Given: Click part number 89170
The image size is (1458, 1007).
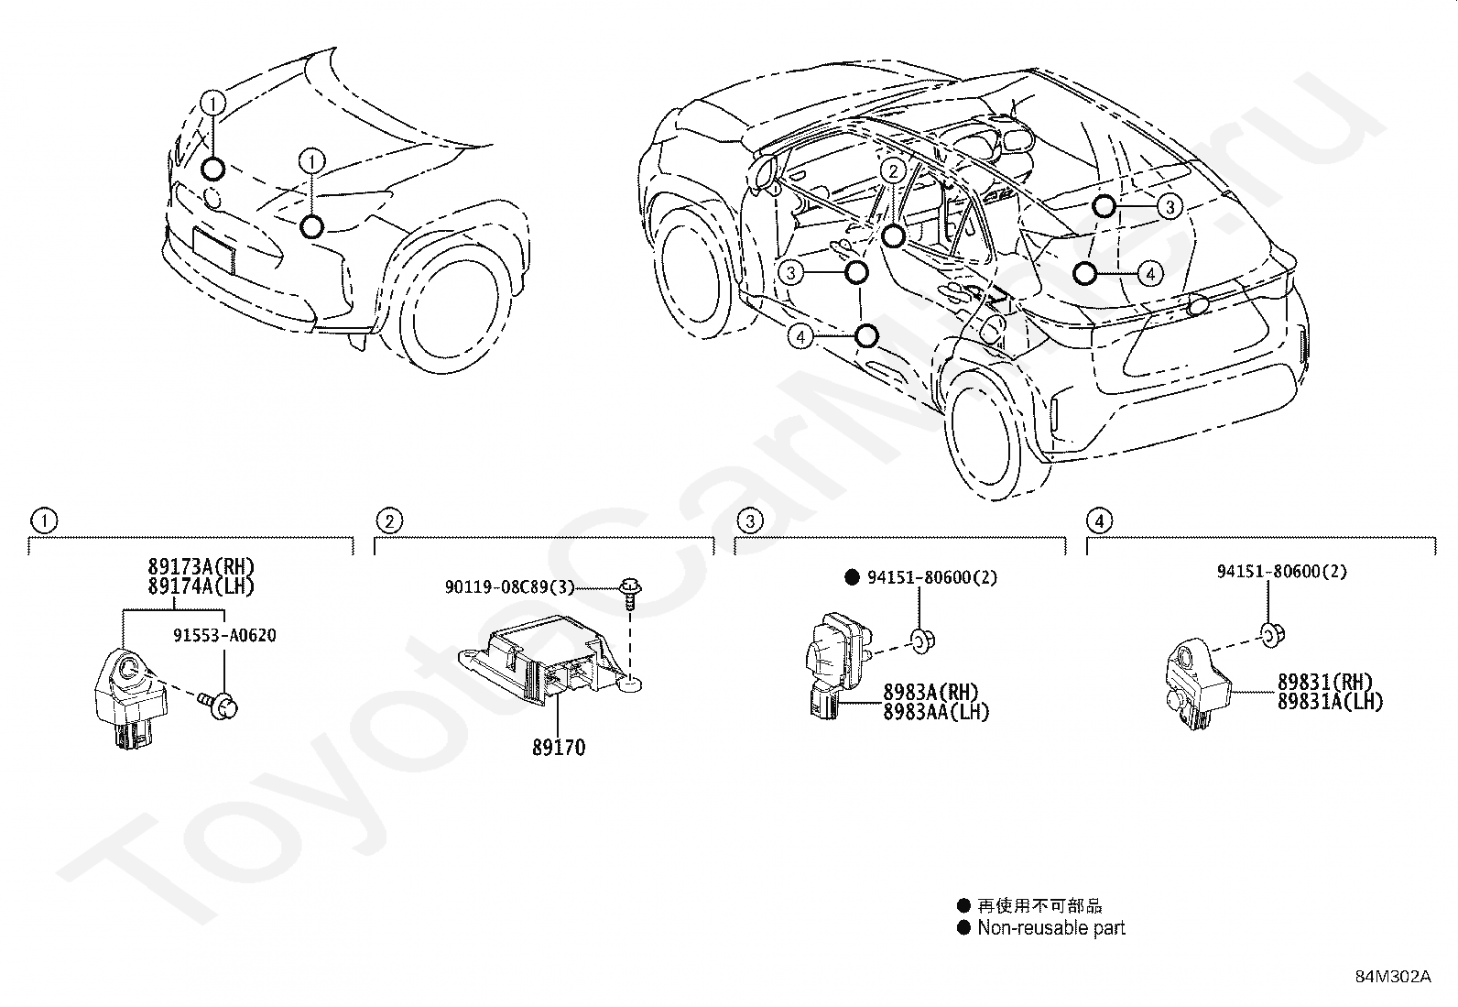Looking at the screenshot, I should click(558, 748).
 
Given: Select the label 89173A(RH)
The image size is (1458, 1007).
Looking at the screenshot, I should click(201, 567).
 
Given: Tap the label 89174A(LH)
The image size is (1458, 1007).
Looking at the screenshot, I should click(201, 586).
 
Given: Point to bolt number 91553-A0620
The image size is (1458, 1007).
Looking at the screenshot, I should click(225, 635).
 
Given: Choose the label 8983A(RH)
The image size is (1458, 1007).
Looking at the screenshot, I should click(930, 693).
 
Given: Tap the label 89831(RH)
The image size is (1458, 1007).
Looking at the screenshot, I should click(1327, 683).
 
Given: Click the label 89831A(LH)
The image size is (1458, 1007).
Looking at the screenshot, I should click(1331, 702).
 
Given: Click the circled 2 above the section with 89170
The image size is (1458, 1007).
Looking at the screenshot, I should click(389, 521).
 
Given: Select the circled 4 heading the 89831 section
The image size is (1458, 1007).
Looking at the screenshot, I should click(1099, 521).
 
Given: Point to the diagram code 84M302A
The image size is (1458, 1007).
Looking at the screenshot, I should click(1393, 976).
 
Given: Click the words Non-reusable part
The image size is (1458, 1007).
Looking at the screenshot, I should click(1050, 928).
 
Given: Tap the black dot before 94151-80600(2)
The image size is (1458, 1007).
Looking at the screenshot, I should click(851, 577).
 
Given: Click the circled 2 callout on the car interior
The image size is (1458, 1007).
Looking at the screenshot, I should click(894, 170).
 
